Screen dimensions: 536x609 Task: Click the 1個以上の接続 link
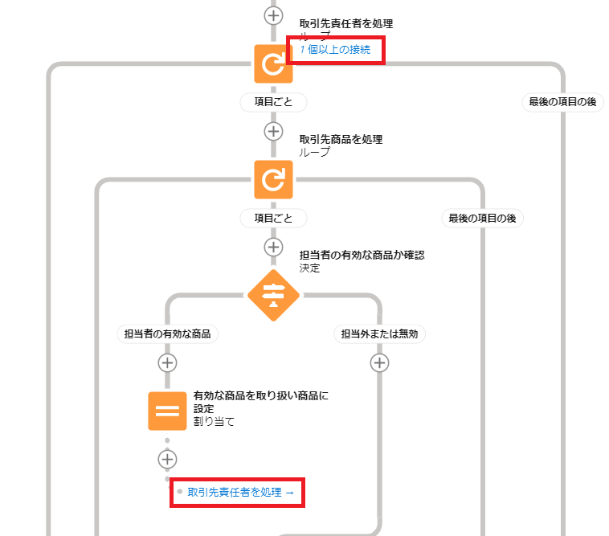(335, 50)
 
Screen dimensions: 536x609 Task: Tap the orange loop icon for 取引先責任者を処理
(273, 64)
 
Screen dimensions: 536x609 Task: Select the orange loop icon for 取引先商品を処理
(273, 179)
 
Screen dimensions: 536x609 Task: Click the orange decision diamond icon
(273, 295)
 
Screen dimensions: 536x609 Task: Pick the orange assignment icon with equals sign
(167, 411)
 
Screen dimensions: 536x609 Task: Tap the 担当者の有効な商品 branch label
(167, 333)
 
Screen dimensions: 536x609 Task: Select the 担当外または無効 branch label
(379, 333)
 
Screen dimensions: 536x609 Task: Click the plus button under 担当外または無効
(379, 362)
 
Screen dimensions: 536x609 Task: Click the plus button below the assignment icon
(167, 459)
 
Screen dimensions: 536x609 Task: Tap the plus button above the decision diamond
(273, 247)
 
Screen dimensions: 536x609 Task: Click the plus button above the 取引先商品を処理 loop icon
(273, 131)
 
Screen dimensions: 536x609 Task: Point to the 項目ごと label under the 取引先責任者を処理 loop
(273, 102)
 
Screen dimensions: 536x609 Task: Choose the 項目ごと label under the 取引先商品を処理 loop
(273, 218)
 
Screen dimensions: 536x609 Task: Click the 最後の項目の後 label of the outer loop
(562, 102)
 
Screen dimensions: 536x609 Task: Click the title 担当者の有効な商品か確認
(361, 255)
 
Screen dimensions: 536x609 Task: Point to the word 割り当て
(214, 420)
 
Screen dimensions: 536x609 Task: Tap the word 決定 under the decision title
(309, 268)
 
